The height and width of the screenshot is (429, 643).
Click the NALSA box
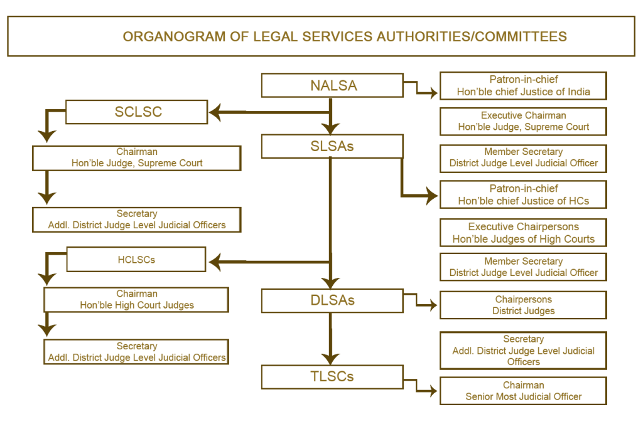[x=332, y=86]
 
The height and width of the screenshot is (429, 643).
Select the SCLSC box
[x=137, y=112]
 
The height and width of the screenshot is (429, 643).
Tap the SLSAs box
[x=332, y=146]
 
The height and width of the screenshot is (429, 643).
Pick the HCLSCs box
[x=136, y=259]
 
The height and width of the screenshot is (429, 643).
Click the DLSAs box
[x=332, y=300]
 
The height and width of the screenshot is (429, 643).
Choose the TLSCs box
[x=332, y=376]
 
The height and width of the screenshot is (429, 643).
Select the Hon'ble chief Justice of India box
[x=523, y=86]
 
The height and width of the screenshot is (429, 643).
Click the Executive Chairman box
[x=523, y=121]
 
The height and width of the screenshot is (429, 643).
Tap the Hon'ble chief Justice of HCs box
[x=523, y=195]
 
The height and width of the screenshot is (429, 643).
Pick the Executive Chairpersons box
[x=523, y=233]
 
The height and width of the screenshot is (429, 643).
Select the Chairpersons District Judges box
[x=523, y=305]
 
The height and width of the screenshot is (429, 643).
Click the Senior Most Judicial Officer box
[x=523, y=391]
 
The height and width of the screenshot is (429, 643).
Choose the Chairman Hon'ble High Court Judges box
[x=136, y=299]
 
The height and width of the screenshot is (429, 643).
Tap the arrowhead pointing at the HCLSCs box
[x=215, y=260]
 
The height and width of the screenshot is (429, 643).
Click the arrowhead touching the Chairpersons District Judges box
[x=433, y=306]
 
